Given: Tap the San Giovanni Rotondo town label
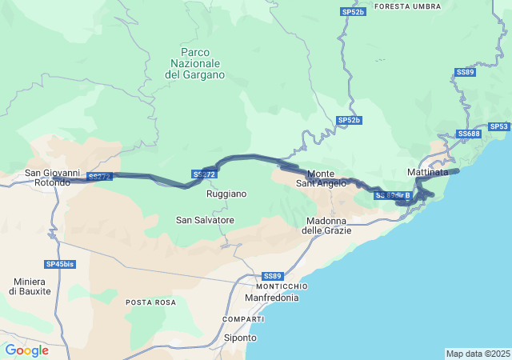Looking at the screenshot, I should (52, 177).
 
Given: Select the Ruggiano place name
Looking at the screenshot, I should (226, 194).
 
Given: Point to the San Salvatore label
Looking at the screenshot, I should (205, 220).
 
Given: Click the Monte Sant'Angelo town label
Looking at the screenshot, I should (321, 178).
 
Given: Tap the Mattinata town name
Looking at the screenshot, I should (427, 173).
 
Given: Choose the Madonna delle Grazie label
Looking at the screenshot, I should (327, 226).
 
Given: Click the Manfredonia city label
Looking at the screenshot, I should (271, 298).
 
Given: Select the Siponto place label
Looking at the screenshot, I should (240, 338).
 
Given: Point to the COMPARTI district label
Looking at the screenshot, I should (243, 319).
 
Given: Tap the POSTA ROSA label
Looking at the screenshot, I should (150, 302).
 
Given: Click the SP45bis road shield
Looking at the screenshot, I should (60, 264).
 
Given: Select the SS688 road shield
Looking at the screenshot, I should (469, 134).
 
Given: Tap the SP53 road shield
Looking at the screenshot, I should (499, 126).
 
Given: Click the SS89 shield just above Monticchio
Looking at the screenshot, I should (272, 276).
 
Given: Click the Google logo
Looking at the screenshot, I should (26, 350).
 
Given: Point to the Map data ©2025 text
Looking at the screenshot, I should (478, 354).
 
